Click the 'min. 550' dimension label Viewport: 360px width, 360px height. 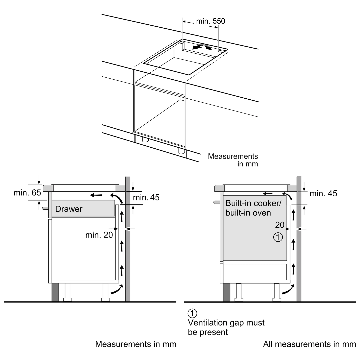211,21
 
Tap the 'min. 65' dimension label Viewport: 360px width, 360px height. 27,193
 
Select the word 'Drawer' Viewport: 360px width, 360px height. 69,209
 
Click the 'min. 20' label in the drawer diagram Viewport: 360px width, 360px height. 99,235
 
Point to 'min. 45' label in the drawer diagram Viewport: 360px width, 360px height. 146,197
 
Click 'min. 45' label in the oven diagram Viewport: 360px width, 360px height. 323,194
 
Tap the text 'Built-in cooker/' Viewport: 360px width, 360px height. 253,203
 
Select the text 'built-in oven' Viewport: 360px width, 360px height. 248,213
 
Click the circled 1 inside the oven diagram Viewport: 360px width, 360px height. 278,237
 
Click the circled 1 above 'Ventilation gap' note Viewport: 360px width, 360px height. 192,313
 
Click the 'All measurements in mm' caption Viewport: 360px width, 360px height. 309,344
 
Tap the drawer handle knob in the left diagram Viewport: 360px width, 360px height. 45,208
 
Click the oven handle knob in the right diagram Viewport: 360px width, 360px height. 217,202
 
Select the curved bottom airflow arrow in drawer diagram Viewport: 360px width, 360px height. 117,289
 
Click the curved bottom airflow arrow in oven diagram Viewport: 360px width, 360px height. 288,289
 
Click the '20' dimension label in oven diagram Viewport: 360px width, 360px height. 280,225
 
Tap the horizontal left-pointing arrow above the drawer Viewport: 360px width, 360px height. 96,195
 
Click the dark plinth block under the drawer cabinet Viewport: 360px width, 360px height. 55,292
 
